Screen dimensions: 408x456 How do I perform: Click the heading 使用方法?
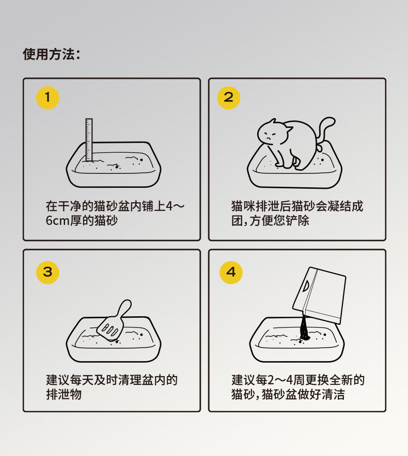pyautogui.click(x=49, y=54)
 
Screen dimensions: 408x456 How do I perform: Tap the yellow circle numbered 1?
pyautogui.click(x=48, y=97)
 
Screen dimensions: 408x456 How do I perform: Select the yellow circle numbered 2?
pyautogui.click(x=229, y=97)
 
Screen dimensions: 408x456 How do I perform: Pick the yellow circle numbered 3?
pyautogui.click(x=48, y=272)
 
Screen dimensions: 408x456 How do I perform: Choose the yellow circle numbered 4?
pyautogui.click(x=231, y=272)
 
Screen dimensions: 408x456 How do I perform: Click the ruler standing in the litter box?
pyautogui.click(x=89, y=140)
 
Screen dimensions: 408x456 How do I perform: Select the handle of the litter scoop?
pyautogui.click(x=124, y=308)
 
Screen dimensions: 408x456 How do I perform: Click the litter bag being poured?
pyautogui.click(x=319, y=296)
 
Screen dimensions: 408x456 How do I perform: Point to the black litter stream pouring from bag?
pyautogui.click(x=305, y=328)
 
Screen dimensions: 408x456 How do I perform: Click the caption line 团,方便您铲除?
pyautogui.click(x=270, y=220)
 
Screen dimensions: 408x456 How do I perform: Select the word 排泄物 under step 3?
pyautogui.click(x=64, y=394)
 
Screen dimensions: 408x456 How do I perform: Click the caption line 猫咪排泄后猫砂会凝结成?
pyautogui.click(x=297, y=206)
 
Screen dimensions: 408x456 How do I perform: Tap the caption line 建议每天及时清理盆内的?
pyautogui.click(x=112, y=380)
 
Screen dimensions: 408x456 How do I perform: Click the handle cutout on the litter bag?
pyautogui.click(x=306, y=286)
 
